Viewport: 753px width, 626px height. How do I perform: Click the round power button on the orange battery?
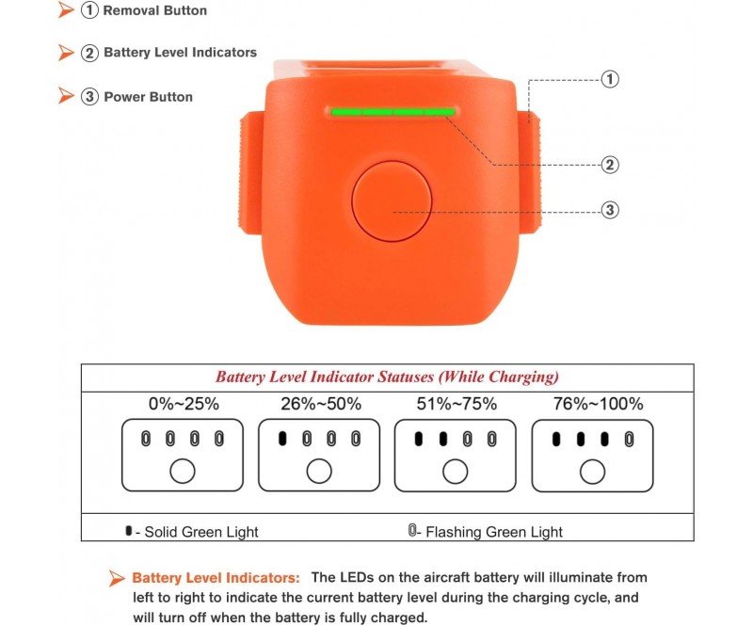click(x=392, y=201)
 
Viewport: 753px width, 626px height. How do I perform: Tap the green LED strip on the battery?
click(x=393, y=112)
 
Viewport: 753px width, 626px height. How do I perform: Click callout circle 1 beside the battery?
click(x=610, y=79)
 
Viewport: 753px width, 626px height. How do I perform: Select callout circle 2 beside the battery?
click(x=610, y=165)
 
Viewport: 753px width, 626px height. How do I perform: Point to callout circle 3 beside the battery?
click(x=610, y=210)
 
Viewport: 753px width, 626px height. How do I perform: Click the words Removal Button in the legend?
click(x=154, y=10)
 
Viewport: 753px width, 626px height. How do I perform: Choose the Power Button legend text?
click(x=148, y=97)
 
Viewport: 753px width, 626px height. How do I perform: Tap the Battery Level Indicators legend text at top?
click(x=180, y=53)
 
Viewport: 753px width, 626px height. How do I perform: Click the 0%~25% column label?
click(x=184, y=404)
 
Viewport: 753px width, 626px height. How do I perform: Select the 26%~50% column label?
click(x=321, y=404)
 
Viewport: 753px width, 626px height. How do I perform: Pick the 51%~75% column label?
click(x=457, y=404)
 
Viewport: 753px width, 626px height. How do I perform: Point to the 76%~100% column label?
click(x=598, y=404)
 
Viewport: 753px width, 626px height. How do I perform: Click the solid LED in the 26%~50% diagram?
click(x=282, y=438)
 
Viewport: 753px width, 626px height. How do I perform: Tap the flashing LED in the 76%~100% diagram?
click(x=629, y=439)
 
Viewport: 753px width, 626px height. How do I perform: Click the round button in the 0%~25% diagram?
click(x=183, y=471)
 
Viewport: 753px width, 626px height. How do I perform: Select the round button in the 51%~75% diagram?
click(x=456, y=472)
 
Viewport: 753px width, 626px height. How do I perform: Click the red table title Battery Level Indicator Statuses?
click(x=387, y=377)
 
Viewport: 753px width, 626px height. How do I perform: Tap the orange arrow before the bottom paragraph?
click(x=116, y=578)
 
